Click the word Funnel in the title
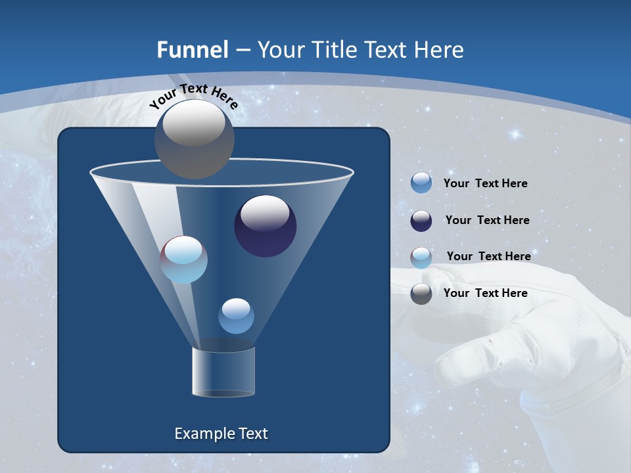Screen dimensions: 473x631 click(x=192, y=50)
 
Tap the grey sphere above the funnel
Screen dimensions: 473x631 click(x=194, y=139)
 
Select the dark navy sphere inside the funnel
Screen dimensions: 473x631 click(x=265, y=226)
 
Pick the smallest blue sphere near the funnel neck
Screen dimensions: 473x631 click(x=236, y=316)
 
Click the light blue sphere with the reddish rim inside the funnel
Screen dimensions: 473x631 click(x=183, y=259)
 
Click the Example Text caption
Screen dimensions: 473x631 click(x=221, y=434)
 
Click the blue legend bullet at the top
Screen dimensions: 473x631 click(x=421, y=183)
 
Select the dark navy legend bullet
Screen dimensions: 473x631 click(x=421, y=221)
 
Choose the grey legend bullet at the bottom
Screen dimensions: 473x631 click(x=421, y=294)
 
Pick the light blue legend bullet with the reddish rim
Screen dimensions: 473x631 click(x=421, y=257)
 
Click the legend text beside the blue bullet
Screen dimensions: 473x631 click(x=485, y=184)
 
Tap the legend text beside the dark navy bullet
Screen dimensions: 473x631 click(x=487, y=221)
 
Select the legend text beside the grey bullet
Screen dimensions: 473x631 click(x=485, y=293)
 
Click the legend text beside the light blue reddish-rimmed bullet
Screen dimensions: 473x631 click(x=488, y=256)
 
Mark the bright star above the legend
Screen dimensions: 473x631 click(x=515, y=134)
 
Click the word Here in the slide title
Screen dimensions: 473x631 click(x=437, y=50)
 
